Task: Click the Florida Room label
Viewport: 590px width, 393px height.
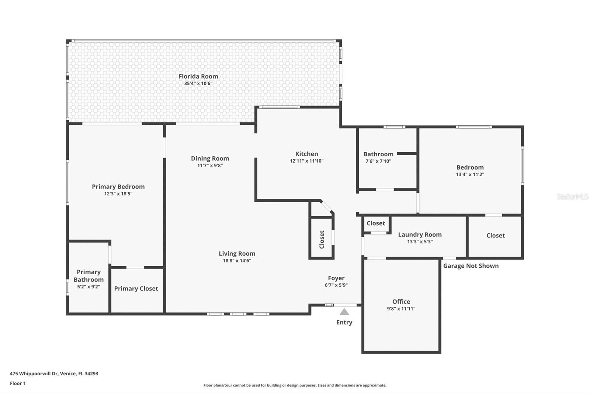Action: (x=198, y=76)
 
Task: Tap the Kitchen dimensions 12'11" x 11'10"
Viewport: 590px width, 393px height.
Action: (x=306, y=161)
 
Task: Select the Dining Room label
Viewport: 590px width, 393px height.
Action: (x=210, y=159)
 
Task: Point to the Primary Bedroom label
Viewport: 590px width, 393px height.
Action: (x=118, y=187)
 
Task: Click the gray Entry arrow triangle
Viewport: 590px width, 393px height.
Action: (x=344, y=312)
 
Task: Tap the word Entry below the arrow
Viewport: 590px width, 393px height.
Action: (x=344, y=322)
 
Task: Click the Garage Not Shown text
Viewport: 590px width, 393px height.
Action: (x=471, y=266)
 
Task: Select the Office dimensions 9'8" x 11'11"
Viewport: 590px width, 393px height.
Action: (x=401, y=309)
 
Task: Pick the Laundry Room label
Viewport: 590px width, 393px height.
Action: (x=420, y=234)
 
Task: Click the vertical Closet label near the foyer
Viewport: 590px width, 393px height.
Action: (x=322, y=240)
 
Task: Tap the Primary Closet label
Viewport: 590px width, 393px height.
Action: (x=136, y=289)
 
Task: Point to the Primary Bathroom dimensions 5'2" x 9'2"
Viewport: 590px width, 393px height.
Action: (x=88, y=287)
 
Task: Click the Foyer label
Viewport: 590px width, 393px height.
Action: (x=336, y=278)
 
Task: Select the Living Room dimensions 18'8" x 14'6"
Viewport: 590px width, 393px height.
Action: (x=237, y=261)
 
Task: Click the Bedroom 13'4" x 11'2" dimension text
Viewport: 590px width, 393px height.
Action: (x=470, y=175)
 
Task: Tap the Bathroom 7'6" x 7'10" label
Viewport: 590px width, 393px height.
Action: (x=378, y=154)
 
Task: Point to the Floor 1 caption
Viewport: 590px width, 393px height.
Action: (x=18, y=383)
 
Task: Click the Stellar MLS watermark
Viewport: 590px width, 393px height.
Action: (x=572, y=196)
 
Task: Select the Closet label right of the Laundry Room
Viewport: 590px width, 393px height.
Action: (x=495, y=236)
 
